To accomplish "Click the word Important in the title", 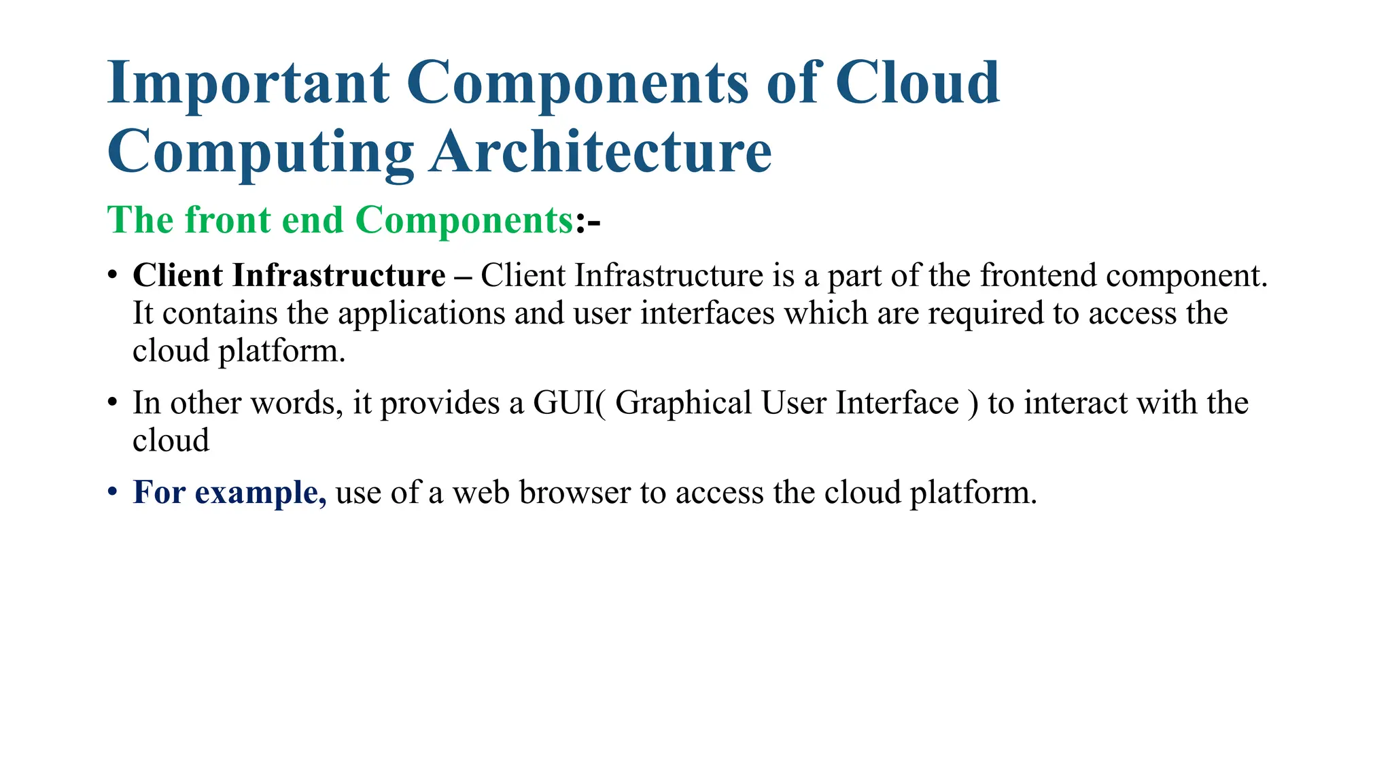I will coord(248,83).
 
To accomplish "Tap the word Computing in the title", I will coord(260,152).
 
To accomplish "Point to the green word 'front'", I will coord(227,220).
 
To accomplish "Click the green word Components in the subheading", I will coord(464,220).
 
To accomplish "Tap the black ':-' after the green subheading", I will coord(589,222).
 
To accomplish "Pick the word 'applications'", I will coord(421,313).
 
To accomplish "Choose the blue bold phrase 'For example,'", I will coord(229,492).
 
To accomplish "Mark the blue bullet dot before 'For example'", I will coord(113,491).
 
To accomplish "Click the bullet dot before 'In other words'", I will coord(113,401).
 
